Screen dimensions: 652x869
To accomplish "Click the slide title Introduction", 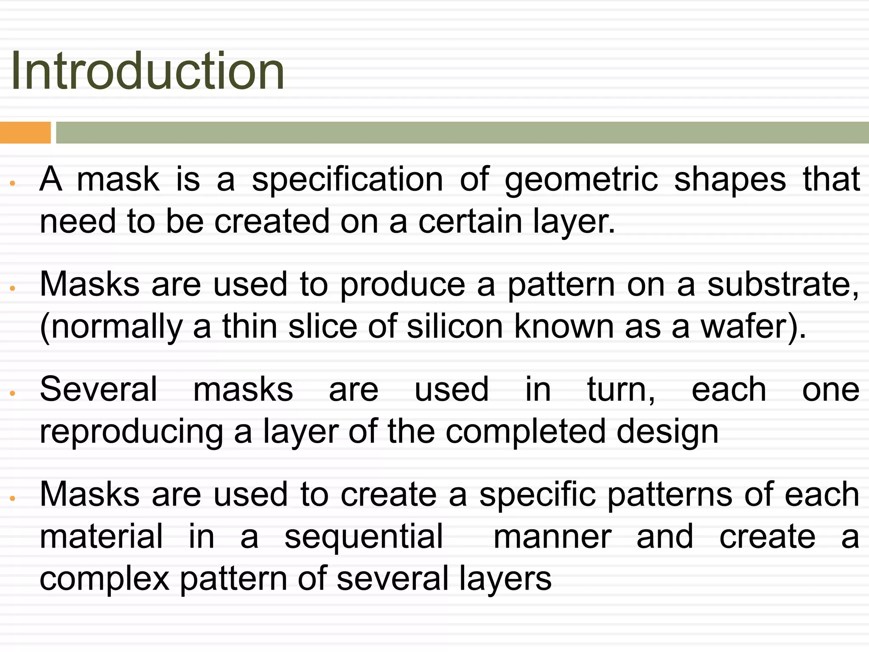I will (x=147, y=71).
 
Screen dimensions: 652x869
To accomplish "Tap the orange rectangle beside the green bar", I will (x=25, y=132).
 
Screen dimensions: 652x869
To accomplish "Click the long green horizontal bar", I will (x=462, y=132).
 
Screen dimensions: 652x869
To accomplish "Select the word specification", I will (x=348, y=180).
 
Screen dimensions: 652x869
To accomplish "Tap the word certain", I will (x=470, y=221).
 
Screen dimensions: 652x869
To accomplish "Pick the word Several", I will (x=98, y=389).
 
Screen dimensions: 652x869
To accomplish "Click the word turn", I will (x=620, y=389).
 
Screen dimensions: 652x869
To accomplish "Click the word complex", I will (x=104, y=579).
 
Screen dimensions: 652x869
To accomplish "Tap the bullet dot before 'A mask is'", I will (x=13, y=183).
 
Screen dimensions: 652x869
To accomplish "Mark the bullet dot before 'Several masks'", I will (x=13, y=393).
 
